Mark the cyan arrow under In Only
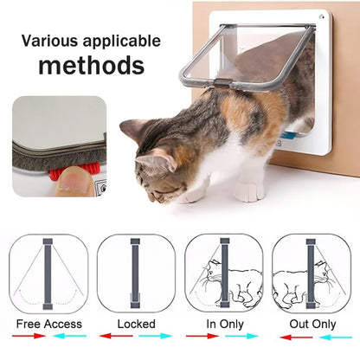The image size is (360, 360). click(x=241, y=337)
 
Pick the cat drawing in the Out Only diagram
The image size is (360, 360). click(x=303, y=282)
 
